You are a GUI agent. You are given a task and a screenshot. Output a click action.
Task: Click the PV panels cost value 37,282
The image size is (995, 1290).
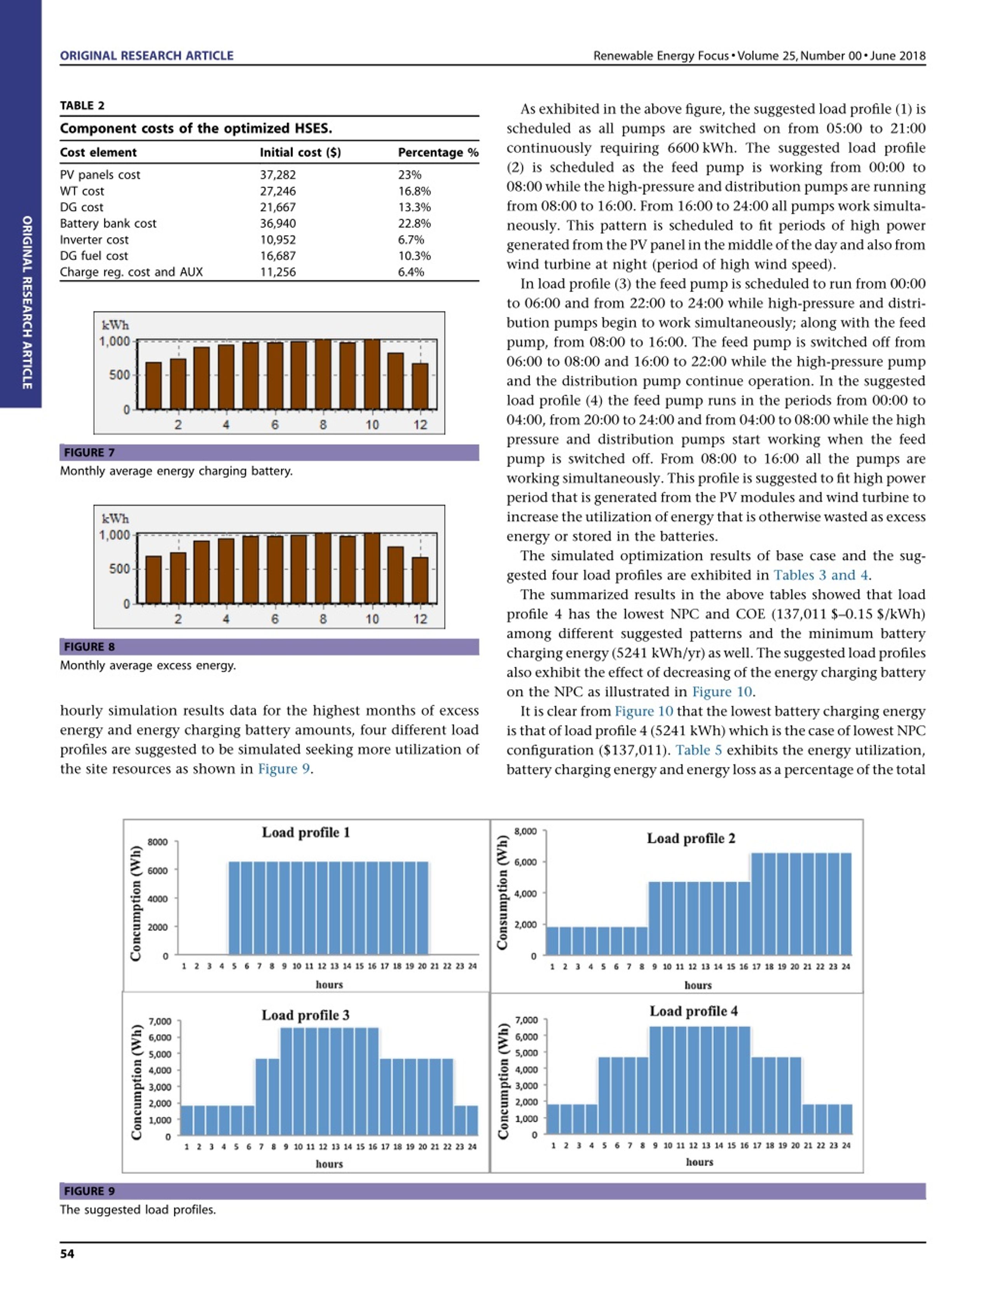coord(278,175)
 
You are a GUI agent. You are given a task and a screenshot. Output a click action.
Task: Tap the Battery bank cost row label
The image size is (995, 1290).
coord(108,223)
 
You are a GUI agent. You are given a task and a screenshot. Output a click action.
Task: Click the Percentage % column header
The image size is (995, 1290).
coord(438,152)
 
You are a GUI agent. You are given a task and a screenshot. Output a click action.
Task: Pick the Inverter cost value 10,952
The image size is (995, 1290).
coord(278,240)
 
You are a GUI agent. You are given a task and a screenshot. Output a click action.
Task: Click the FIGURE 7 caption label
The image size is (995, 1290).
coord(89,453)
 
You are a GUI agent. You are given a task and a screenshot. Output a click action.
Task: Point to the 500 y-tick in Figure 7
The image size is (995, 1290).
coord(119,375)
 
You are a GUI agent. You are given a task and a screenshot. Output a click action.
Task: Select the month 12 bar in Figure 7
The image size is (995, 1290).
coord(420,386)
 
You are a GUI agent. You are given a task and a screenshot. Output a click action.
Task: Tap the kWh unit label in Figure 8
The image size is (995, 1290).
coord(115,519)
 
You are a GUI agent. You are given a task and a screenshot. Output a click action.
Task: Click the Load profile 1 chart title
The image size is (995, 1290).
coord(306,832)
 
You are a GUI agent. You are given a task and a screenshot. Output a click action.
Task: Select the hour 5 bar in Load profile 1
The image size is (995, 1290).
coord(234,908)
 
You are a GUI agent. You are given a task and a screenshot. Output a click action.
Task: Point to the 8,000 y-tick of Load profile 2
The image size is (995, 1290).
coord(525,831)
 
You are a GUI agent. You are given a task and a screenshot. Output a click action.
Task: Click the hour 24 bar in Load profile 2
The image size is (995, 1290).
coord(846,904)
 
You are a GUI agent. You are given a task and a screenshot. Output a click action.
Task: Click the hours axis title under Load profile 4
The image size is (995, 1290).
coord(699,1162)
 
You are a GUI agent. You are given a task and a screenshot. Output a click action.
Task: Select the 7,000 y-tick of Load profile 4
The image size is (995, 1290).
coord(527,1020)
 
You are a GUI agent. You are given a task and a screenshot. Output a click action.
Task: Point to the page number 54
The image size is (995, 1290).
coord(67,1253)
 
